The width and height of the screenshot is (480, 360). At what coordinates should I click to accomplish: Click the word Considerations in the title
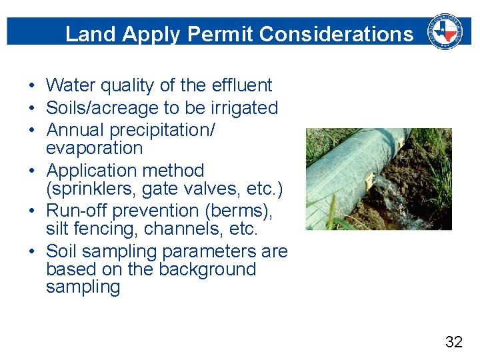pos(336,34)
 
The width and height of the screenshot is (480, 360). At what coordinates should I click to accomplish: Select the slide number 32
pos(453,343)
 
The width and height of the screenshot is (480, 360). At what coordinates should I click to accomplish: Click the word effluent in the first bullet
pos(242,85)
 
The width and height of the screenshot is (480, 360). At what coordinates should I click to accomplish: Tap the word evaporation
pos(94,148)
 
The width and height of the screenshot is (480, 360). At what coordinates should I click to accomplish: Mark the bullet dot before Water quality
pos(31,86)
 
